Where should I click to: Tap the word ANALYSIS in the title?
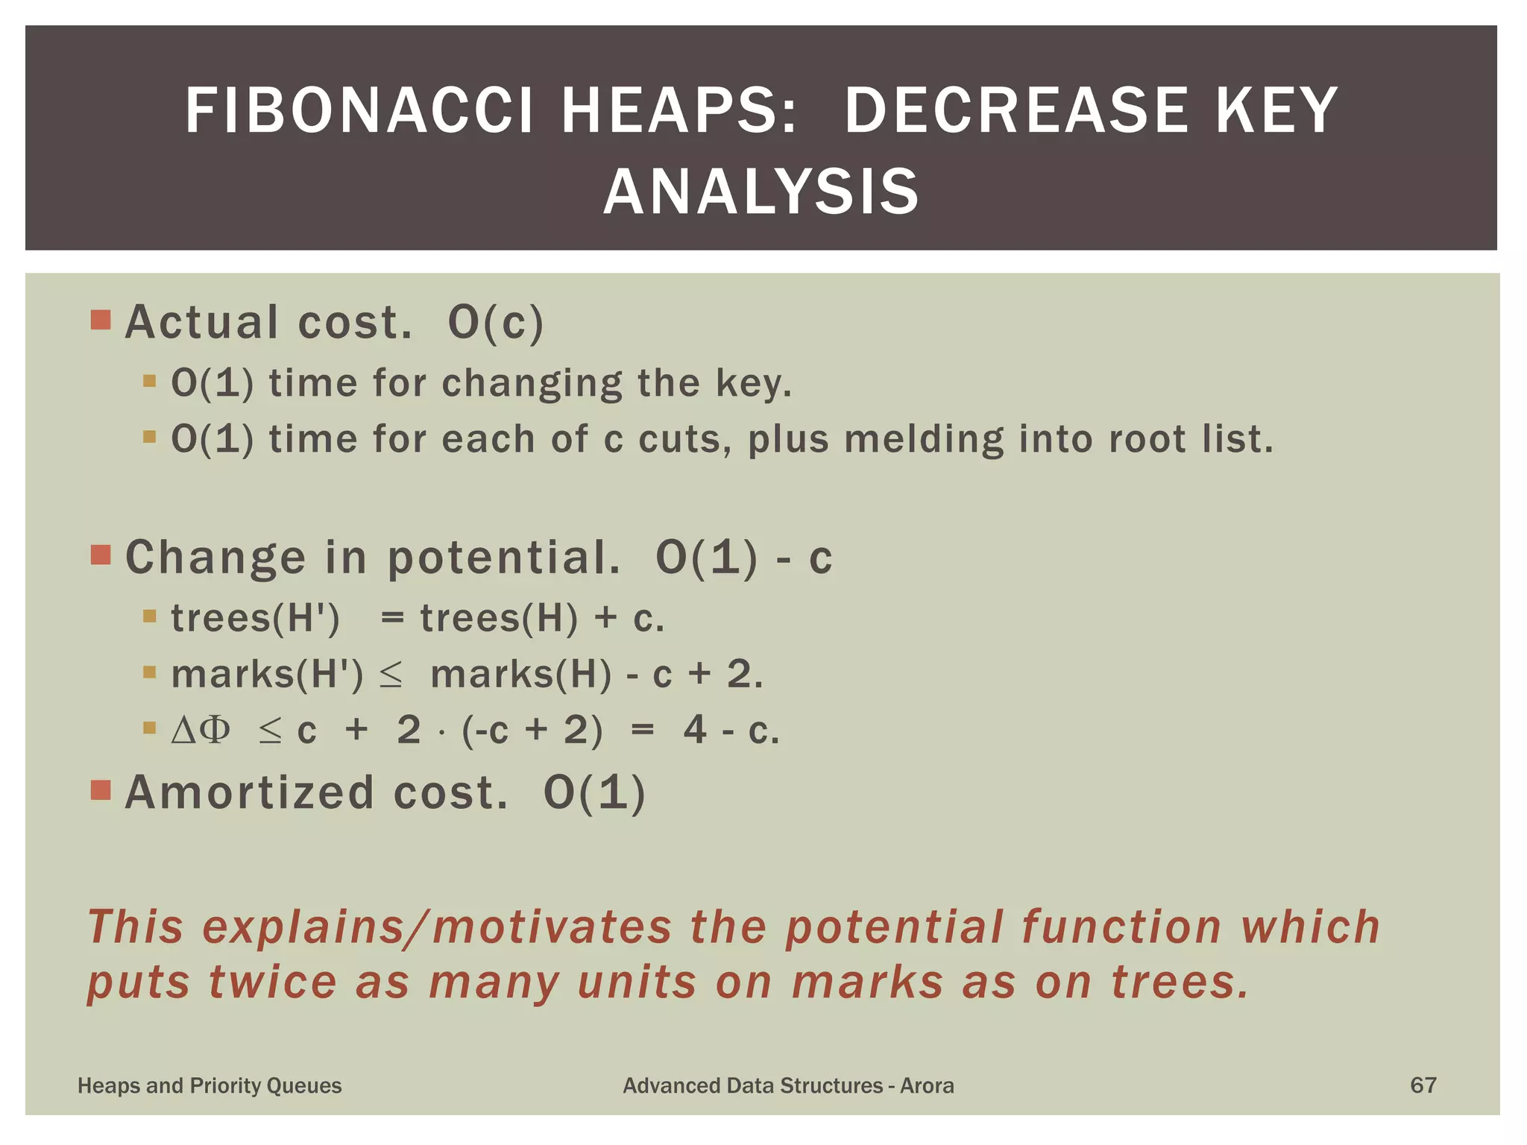pos(761,192)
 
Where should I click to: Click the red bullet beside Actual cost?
pos(101,320)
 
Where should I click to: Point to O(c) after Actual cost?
pos(496,323)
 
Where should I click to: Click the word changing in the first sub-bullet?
pos(531,383)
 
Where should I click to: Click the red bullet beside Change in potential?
pos(101,555)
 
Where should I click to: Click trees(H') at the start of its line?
pos(255,618)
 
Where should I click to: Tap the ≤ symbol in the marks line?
pos(391,675)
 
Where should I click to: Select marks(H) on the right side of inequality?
pos(521,674)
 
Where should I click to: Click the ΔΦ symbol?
pos(201,730)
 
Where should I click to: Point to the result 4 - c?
pos(731,730)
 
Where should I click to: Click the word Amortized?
pos(249,792)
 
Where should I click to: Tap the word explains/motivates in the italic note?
pos(437,927)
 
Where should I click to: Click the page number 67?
pos(1423,1085)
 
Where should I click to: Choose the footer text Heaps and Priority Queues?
pos(210,1085)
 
